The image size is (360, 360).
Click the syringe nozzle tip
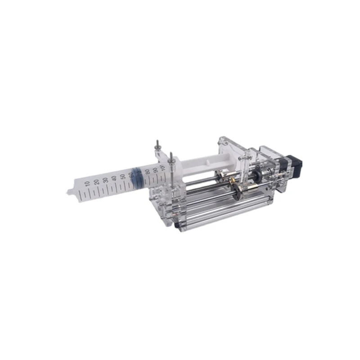[x=69, y=193]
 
